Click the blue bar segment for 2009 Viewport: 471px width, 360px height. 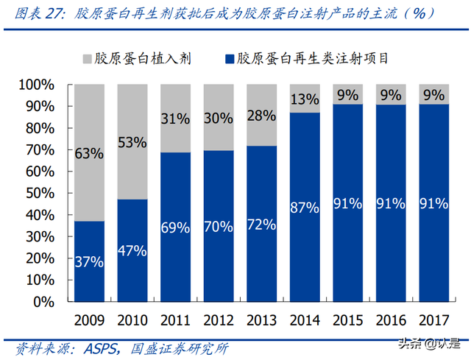(89, 261)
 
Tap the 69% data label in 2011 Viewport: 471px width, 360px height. (176, 227)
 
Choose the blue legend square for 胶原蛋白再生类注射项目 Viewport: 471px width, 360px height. (224, 58)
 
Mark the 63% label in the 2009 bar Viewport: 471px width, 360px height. (89, 154)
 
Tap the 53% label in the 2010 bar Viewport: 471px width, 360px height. (132, 142)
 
